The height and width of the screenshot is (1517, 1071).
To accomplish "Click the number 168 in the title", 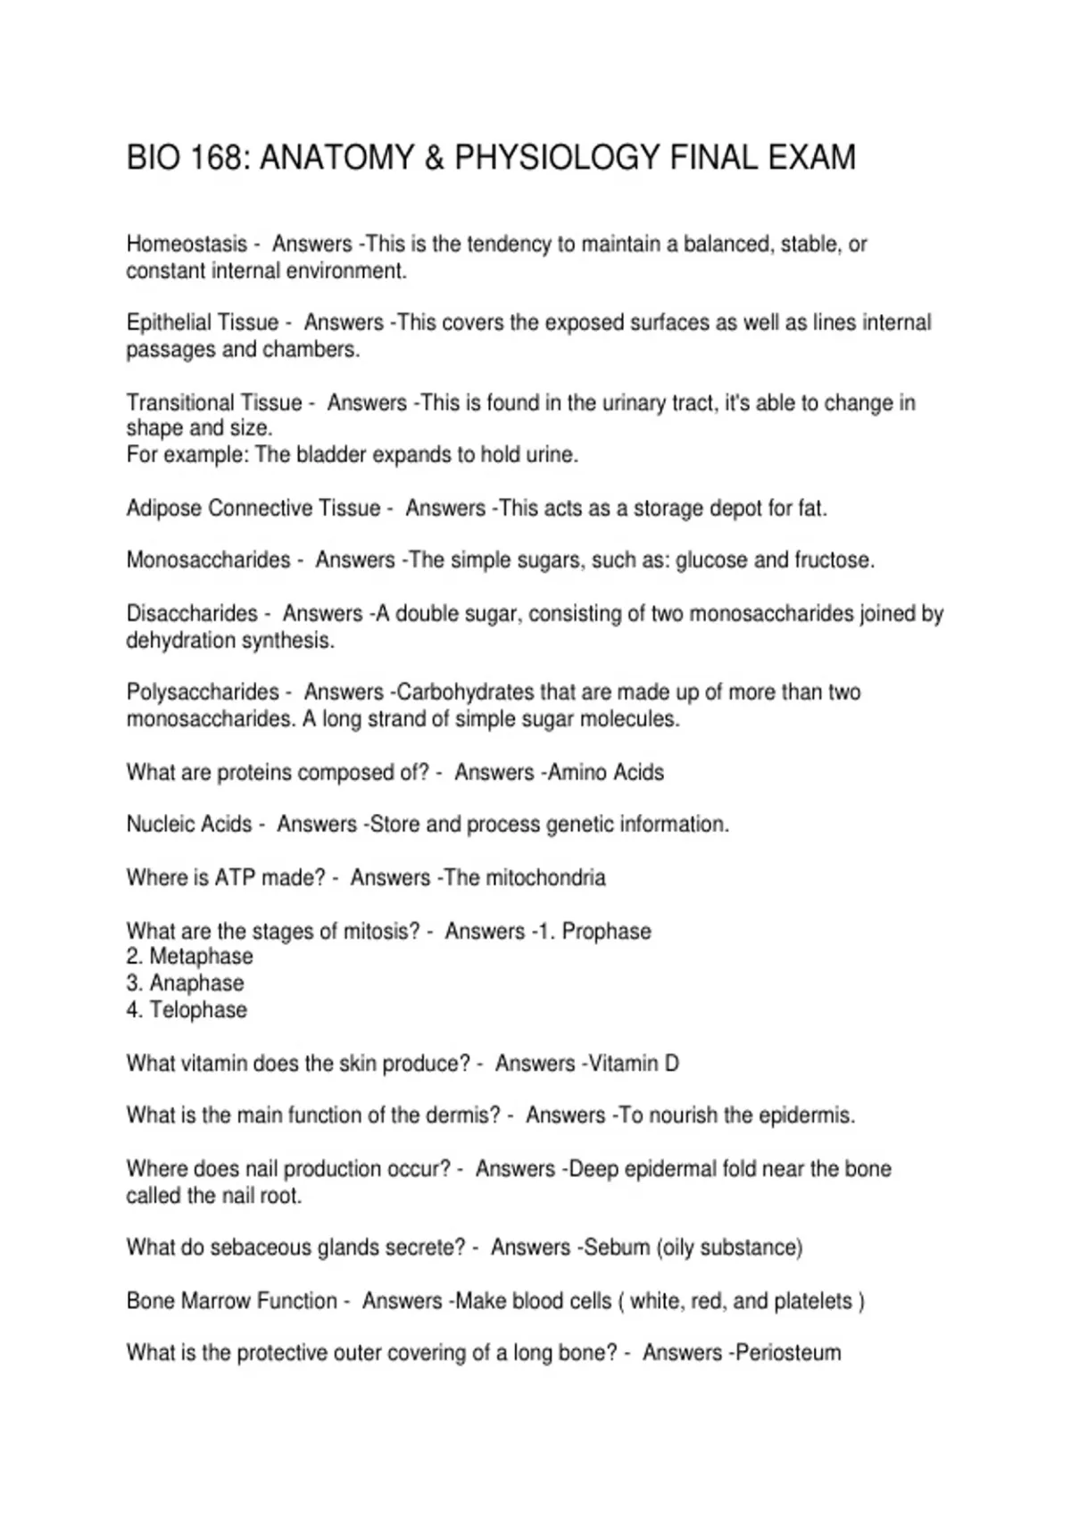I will coord(214,158).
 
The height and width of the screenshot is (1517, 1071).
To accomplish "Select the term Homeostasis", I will coord(187,244).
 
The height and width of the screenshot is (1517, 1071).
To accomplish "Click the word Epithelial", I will coord(170,322).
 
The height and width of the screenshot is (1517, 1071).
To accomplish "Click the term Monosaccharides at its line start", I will coord(208,560).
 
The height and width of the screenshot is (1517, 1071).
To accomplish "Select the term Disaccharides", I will coord(192,613).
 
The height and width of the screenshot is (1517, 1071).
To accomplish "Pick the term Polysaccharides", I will coord(203,692).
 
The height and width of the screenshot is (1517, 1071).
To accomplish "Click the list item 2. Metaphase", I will coord(190,957).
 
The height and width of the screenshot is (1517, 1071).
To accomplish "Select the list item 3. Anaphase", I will coord(186,983).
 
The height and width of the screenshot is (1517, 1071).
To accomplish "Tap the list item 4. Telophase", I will coord(187,1010).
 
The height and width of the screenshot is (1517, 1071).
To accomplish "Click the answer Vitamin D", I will coord(635,1064).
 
